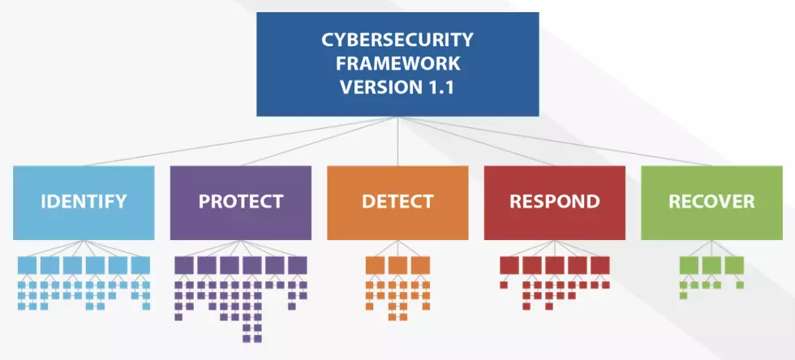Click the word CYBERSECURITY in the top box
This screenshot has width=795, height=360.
point(397,40)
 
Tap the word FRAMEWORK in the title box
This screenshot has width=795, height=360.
point(397,63)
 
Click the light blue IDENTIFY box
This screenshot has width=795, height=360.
point(84,202)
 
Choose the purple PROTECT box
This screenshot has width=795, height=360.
point(241,202)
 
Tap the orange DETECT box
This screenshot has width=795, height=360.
point(397,202)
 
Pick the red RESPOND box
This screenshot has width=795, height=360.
point(555,202)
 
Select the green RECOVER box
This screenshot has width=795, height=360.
point(711,202)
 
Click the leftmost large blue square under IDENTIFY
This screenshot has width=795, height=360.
point(27,265)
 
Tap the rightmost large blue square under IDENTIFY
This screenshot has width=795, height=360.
point(140,265)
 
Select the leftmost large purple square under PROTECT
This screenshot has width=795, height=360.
point(184,265)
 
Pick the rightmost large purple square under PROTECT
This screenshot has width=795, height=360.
point(298,265)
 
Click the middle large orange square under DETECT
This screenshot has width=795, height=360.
point(397,265)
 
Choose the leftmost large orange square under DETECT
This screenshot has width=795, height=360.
point(375,265)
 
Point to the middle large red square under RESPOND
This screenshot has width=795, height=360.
point(555,265)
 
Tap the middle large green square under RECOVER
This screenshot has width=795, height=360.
point(711,265)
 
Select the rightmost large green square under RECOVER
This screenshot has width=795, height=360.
point(734,265)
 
